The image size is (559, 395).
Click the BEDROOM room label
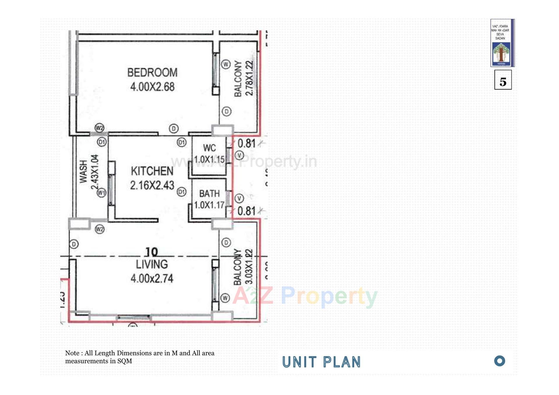[152, 72]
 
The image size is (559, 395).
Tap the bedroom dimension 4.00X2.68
[152, 87]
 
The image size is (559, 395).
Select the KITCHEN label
[152, 171]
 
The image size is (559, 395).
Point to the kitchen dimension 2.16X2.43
[152, 185]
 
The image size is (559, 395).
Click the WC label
[209, 148]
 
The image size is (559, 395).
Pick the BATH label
[209, 194]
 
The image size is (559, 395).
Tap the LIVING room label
[152, 264]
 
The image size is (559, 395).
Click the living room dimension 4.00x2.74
[152, 279]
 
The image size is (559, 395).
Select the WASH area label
[84, 171]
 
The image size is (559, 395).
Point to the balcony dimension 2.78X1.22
[250, 78]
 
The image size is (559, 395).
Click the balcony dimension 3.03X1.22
[249, 266]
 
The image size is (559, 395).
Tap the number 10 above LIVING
[151, 252]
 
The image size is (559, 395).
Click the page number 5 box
[503, 80]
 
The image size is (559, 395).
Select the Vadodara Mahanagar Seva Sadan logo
[502, 43]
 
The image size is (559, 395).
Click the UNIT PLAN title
[321, 362]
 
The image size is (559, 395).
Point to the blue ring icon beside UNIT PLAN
[500, 361]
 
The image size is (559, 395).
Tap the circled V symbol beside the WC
[239, 155]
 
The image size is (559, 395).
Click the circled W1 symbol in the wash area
[101, 193]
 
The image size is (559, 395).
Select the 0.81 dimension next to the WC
[247, 144]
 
